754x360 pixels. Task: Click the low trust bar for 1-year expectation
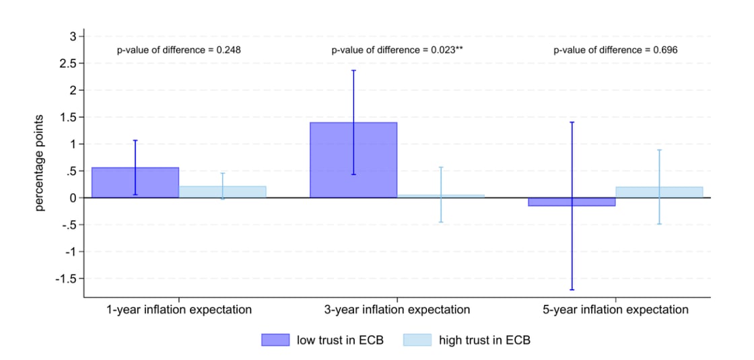pos(135,182)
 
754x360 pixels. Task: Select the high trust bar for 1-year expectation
pos(222,192)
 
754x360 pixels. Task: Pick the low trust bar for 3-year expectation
pos(353,160)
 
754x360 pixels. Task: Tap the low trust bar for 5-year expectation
pos(572,202)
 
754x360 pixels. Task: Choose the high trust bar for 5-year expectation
pos(659,192)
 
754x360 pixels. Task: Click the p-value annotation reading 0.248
pos(179,50)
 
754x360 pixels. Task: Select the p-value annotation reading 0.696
pos(615,50)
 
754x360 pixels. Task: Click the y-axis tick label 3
pos(73,36)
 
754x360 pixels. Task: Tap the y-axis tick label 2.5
pos(69,63)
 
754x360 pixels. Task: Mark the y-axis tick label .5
pos(72,171)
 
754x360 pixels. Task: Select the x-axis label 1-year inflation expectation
pos(179,310)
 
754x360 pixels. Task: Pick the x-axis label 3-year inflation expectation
pos(397,310)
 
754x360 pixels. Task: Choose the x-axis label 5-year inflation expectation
pos(615,310)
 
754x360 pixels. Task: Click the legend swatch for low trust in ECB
pos(275,340)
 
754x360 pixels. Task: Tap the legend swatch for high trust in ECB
pos(416,340)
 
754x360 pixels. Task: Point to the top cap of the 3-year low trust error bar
pos(353,70)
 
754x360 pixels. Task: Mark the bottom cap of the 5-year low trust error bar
pos(572,290)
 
